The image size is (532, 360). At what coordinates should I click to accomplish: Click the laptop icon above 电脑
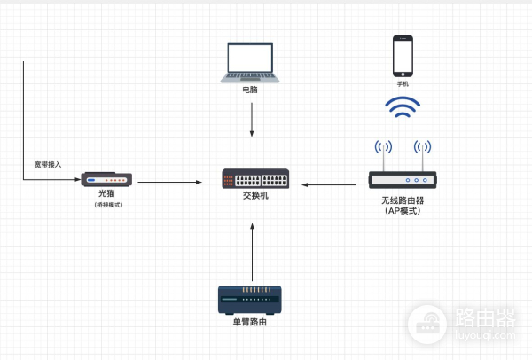point(253,62)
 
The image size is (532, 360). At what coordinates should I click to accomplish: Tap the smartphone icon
point(403,55)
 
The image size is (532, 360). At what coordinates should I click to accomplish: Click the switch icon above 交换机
point(254,178)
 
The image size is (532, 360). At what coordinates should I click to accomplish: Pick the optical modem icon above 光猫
point(107,180)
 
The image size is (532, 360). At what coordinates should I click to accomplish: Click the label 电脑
point(251,90)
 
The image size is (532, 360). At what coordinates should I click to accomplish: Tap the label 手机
point(403,84)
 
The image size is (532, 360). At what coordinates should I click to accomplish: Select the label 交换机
point(254,197)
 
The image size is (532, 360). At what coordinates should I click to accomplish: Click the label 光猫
point(107,194)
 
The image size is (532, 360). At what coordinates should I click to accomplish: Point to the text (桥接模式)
point(107,206)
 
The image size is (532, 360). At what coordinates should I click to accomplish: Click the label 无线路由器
point(403,200)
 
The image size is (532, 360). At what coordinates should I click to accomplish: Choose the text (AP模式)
point(403,211)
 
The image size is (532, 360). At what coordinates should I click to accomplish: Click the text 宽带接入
point(48,164)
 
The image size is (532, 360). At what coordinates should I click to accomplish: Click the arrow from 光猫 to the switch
point(166,182)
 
